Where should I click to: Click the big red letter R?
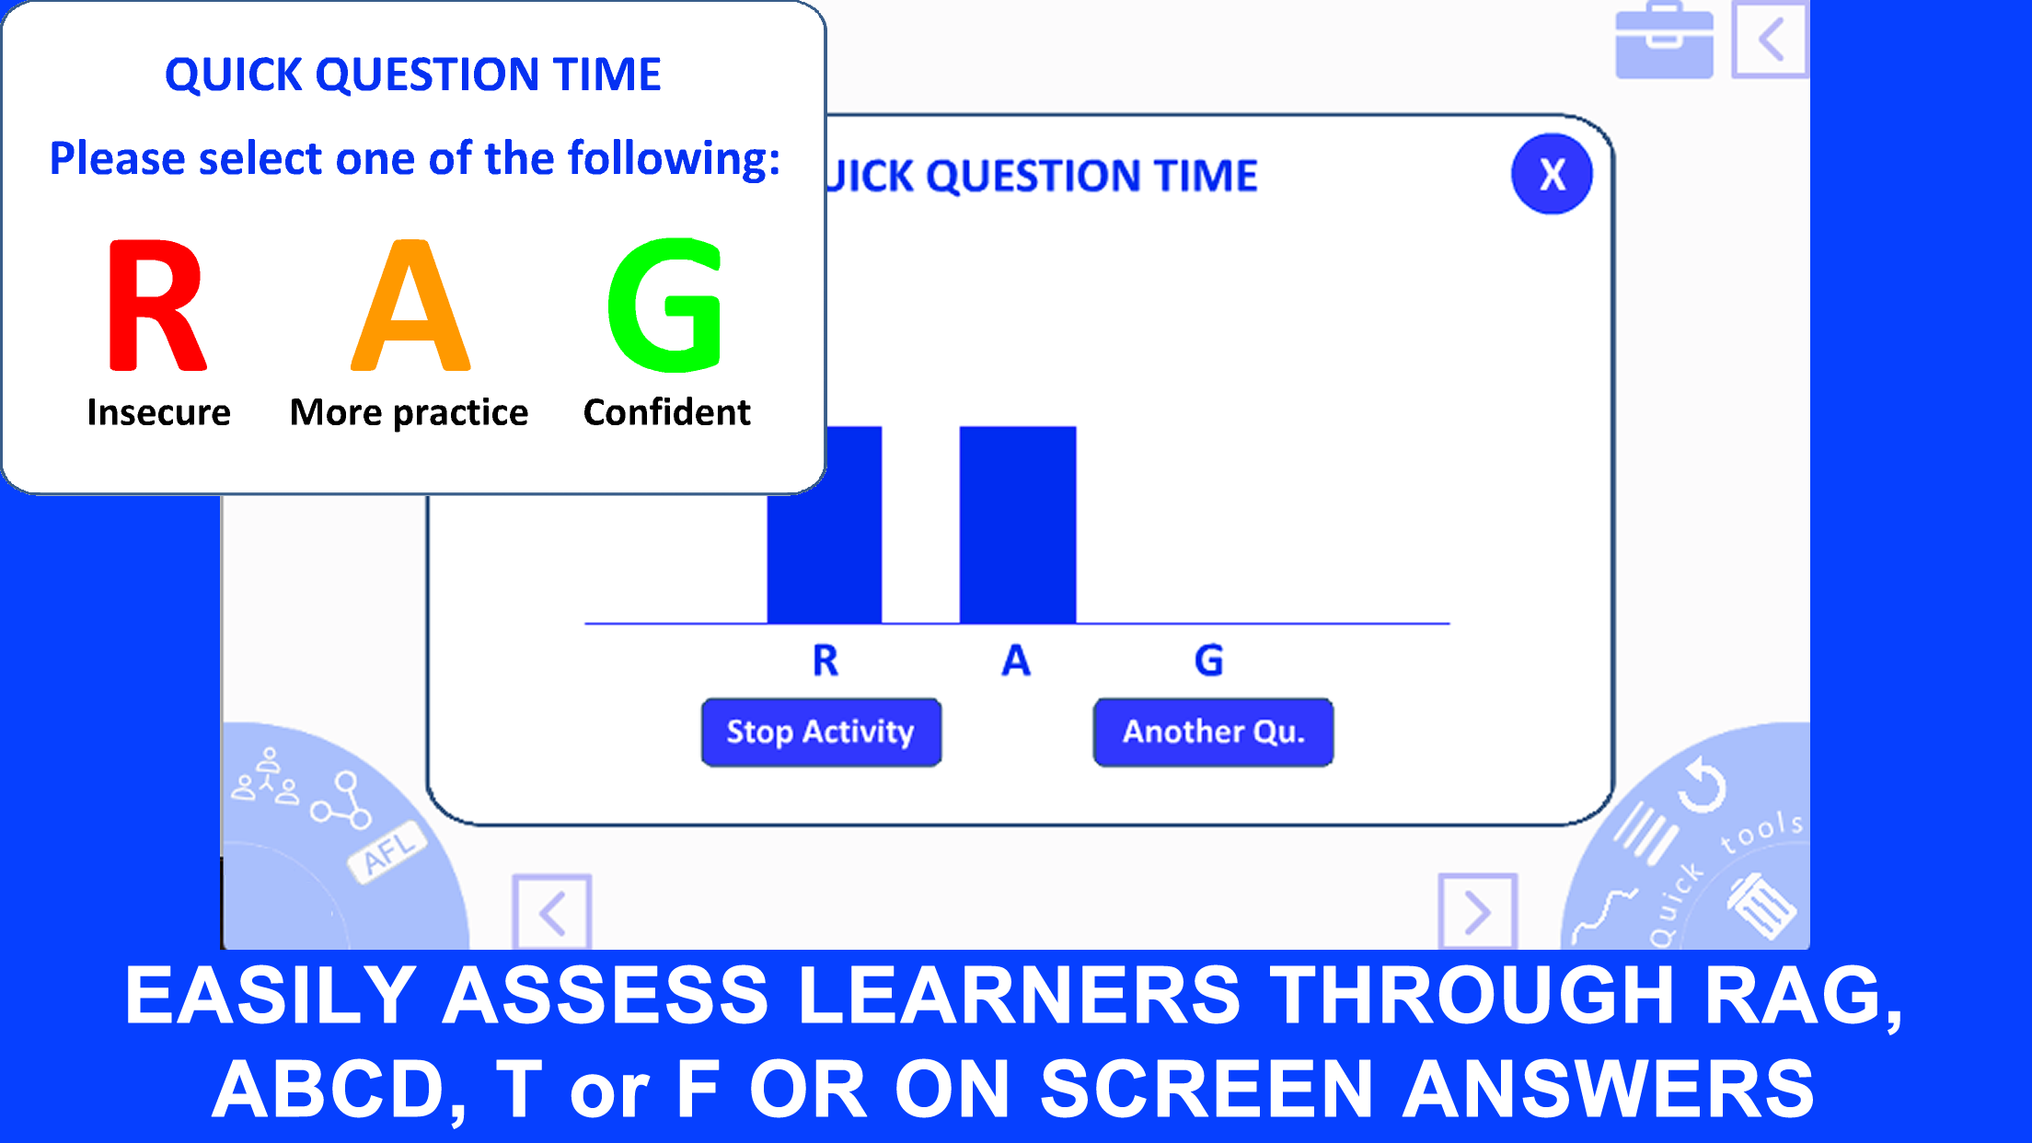156,306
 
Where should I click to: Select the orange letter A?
410,306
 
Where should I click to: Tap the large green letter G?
664,306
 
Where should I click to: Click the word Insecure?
158,412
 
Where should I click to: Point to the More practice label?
409,413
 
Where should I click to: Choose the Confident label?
667,412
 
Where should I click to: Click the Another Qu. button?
1213,733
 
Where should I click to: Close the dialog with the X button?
1552,174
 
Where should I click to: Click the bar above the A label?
1018,525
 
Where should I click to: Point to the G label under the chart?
1209,661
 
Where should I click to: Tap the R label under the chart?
825,661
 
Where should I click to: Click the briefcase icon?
1665,41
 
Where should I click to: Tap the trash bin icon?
1760,905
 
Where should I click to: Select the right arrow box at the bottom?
1477,912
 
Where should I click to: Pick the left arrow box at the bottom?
552,912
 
